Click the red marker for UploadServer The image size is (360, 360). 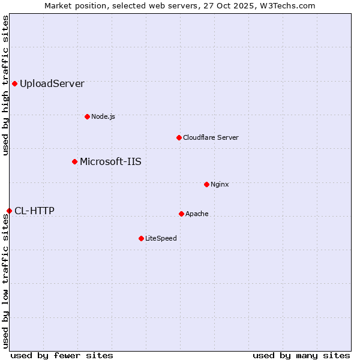pos(14,83)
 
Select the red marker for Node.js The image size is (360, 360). pos(87,116)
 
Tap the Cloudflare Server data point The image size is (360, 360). pos(179,137)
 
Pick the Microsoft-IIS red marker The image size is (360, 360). pos(74,161)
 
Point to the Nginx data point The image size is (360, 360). pos(206,184)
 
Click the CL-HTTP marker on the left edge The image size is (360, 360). pos(9,211)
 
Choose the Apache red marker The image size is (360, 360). pos(181,214)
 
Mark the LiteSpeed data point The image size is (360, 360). pos(141,238)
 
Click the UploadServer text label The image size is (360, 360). pos(52,83)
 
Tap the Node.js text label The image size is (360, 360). pos(103,116)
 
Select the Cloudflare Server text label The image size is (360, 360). pos(211,137)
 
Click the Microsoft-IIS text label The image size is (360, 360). pos(110,161)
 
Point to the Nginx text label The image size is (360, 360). pos(220,184)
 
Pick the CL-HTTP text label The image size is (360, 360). pos(34,211)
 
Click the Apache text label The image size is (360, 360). pos(197,214)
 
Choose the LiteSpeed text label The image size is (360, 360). pos(161,238)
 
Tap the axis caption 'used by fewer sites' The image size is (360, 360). pos(62,355)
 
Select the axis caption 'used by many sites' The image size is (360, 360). pos(301,355)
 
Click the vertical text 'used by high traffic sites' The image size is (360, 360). pos(5,86)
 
